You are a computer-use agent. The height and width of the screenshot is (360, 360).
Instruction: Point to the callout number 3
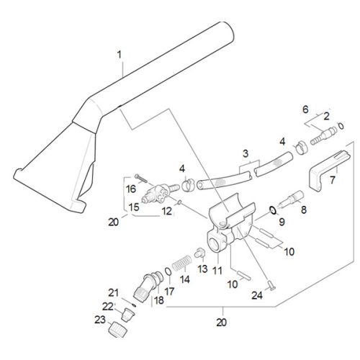click(x=246, y=153)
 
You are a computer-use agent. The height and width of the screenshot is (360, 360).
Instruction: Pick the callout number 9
click(x=282, y=221)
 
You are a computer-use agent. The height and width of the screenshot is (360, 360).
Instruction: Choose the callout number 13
click(x=202, y=269)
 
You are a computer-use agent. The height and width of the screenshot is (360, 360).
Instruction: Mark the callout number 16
click(x=131, y=189)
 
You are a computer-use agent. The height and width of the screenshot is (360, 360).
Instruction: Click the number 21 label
click(x=112, y=292)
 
